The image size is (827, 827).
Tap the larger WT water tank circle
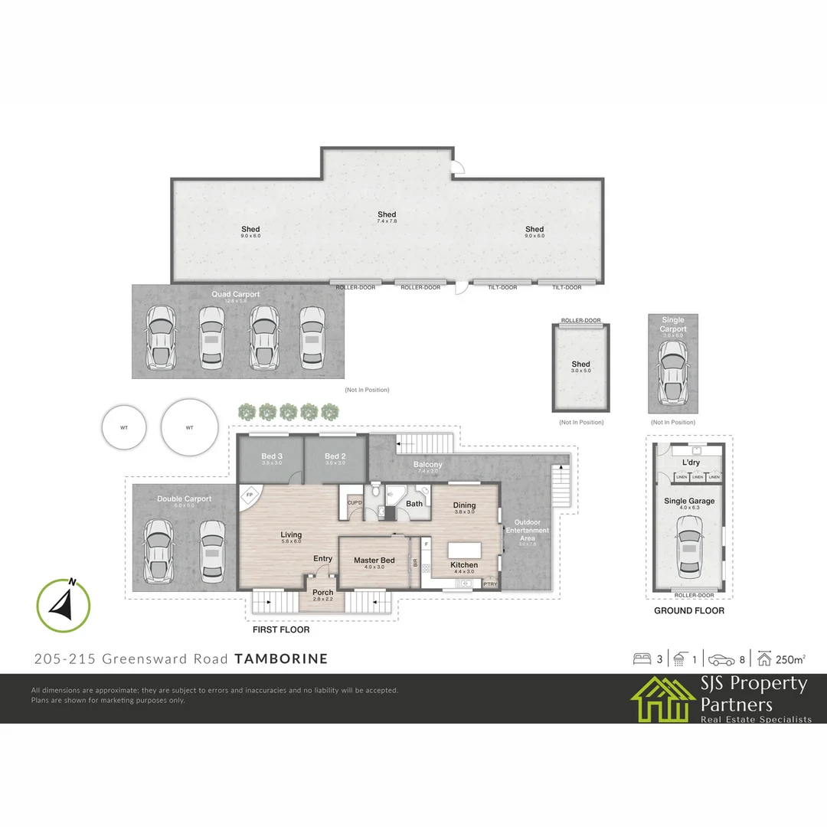coord(189,427)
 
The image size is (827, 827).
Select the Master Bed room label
coord(374,561)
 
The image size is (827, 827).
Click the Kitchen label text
coord(464,565)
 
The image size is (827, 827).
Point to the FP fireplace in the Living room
coord(249,495)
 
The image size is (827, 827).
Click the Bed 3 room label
coord(272,456)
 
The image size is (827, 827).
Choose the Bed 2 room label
coord(335,456)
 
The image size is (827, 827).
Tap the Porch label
coord(323,592)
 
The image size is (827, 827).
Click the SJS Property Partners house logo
coord(662,698)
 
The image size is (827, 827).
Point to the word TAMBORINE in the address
coord(281,659)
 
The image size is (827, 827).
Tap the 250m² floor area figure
coord(789,659)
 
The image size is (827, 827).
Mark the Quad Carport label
coord(236,294)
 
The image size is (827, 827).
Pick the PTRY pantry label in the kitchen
coord(490,585)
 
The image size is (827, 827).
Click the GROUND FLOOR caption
coord(688,611)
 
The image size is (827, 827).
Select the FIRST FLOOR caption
coord(281,629)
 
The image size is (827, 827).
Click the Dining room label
coord(464,505)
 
